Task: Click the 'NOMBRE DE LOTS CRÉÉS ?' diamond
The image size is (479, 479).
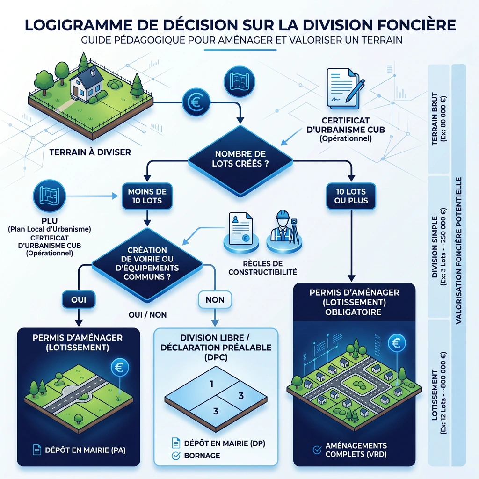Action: click(x=240, y=160)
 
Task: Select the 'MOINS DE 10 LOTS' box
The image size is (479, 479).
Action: click(x=147, y=196)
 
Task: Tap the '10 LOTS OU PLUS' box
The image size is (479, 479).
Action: click(x=351, y=196)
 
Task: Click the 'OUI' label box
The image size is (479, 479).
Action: click(x=78, y=298)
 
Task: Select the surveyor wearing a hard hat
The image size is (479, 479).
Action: click(x=283, y=227)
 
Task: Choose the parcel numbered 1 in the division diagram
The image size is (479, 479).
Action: click(x=211, y=384)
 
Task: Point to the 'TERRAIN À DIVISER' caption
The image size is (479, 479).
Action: click(x=90, y=152)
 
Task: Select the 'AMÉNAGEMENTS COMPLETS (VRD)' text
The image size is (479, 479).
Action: click(x=356, y=450)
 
